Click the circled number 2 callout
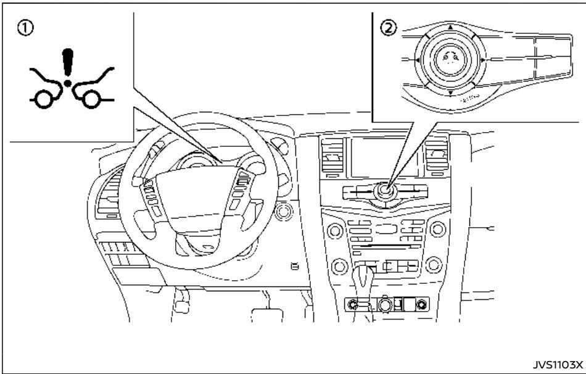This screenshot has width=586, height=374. click(x=389, y=27)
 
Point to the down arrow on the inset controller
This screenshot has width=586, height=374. click(x=450, y=93)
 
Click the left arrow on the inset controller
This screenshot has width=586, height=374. click(x=418, y=60)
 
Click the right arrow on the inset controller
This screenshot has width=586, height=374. click(x=483, y=60)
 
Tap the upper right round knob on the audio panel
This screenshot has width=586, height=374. click(x=439, y=230)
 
